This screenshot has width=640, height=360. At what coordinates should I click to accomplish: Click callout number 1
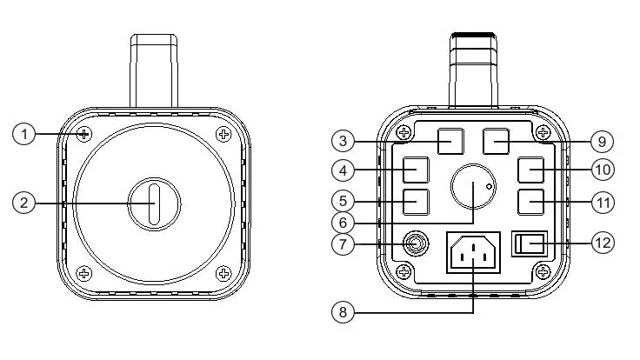(24, 135)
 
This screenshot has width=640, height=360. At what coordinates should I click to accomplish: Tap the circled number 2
(24, 203)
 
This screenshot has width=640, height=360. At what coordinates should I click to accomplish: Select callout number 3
(343, 140)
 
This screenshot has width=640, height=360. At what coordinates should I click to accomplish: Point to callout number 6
(343, 223)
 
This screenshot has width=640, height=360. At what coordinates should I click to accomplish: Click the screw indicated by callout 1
(84, 135)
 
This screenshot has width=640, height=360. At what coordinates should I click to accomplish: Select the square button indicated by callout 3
(450, 140)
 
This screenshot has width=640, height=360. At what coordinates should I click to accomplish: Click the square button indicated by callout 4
(417, 166)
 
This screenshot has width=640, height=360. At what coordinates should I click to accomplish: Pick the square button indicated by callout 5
(417, 202)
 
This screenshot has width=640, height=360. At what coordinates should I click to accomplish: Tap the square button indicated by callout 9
(496, 140)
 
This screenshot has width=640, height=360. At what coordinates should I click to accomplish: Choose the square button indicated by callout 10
(531, 167)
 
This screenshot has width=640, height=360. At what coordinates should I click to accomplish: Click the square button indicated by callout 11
(531, 202)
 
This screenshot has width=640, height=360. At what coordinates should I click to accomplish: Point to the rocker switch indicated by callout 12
(531, 243)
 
